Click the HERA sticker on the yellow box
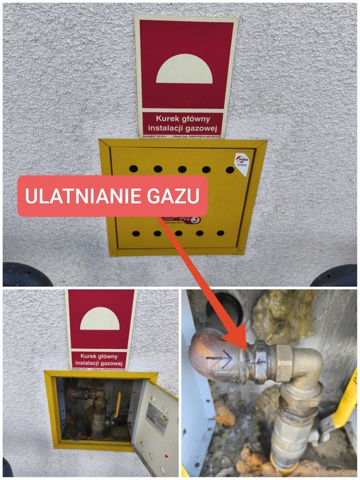[241, 163]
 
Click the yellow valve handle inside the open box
[118, 405]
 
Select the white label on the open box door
[156, 418]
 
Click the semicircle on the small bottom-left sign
[99, 320]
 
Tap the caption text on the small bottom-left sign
[99, 361]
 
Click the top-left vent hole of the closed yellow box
[134, 168]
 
